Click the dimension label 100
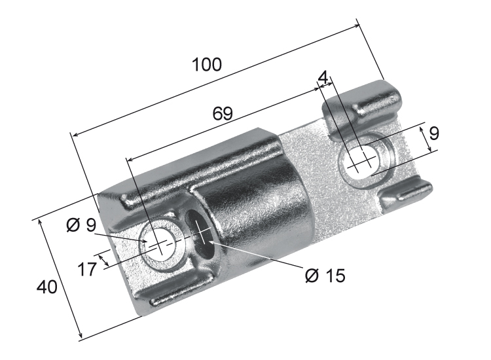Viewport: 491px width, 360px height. (207, 65)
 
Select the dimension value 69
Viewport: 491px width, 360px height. (223, 113)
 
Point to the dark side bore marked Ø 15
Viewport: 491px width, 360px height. (199, 230)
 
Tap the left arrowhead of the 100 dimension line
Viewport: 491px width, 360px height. (74, 135)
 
